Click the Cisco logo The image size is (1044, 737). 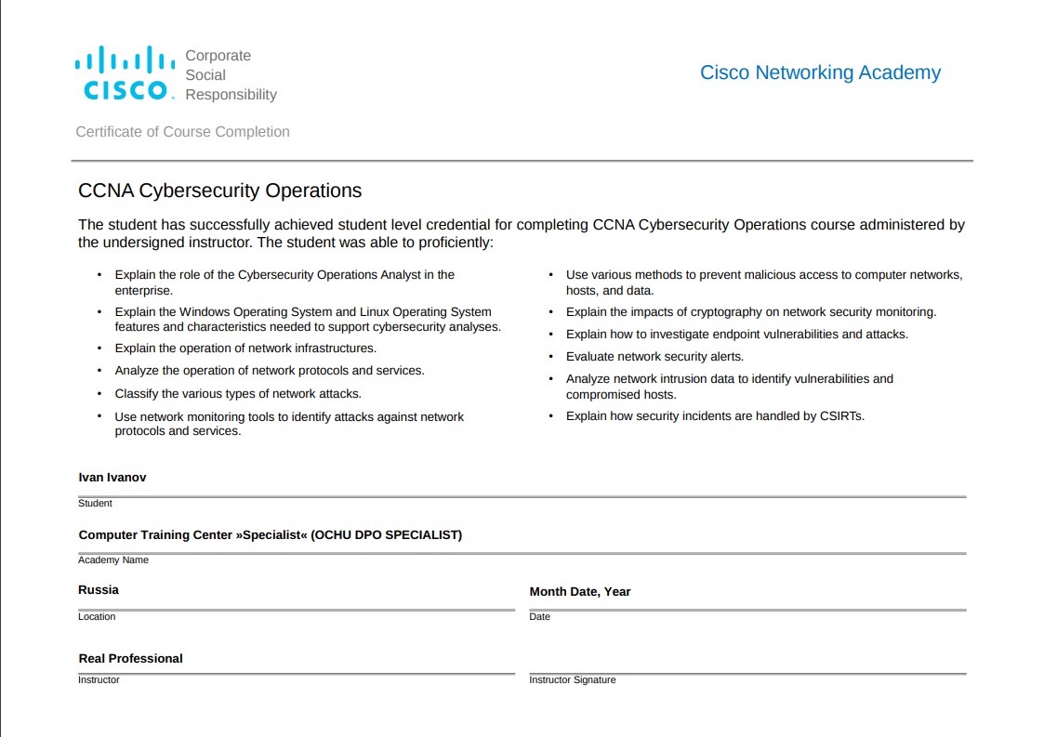(125, 73)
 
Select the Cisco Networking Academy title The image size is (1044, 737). (820, 72)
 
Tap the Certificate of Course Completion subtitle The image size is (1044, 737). (182, 132)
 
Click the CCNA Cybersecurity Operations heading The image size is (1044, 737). (219, 191)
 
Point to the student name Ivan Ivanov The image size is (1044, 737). (112, 478)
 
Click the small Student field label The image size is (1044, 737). (95, 504)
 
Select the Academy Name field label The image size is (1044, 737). (112, 560)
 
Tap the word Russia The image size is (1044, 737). (99, 590)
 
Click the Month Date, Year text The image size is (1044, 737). (579, 592)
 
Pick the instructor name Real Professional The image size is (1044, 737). (130, 659)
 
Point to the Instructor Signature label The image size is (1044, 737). (572, 680)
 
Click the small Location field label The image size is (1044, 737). (97, 617)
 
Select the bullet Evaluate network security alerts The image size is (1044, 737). (654, 357)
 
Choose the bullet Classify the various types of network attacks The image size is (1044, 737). (238, 394)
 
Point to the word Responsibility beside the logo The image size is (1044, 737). (231, 95)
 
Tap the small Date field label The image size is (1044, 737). (539, 617)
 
